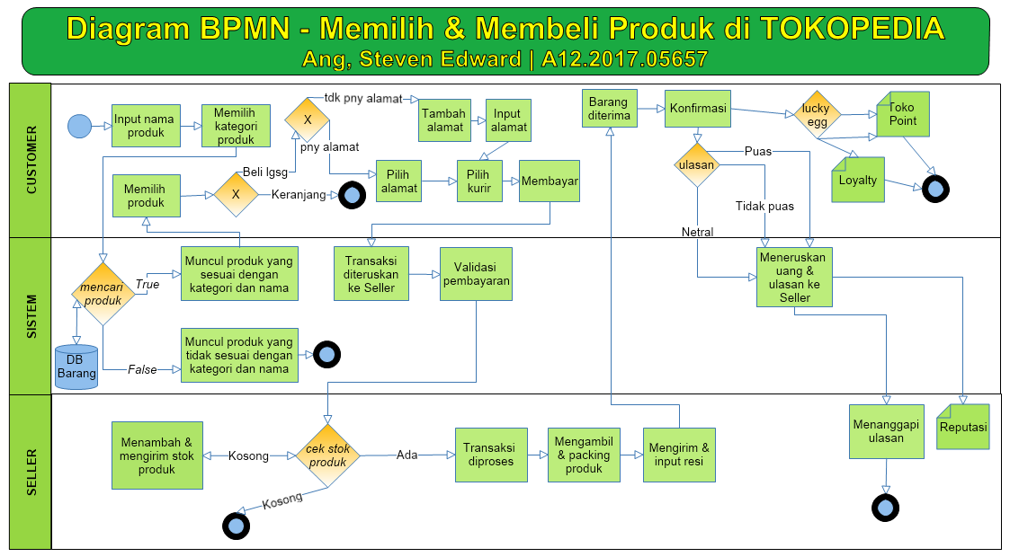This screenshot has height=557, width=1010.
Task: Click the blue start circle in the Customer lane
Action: [79, 126]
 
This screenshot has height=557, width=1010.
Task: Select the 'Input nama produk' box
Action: [145, 126]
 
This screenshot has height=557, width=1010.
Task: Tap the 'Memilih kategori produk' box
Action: [236, 126]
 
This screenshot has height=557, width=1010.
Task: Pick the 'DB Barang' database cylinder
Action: [76, 367]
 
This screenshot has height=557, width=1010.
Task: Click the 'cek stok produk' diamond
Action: [327, 455]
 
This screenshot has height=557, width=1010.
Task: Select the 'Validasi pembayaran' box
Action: [476, 273]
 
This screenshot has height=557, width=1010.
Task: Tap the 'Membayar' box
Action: [550, 181]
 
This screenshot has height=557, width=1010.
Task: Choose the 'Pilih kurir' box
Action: [485, 181]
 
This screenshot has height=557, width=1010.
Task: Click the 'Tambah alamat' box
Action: [443, 120]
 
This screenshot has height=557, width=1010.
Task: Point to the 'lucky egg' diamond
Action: [817, 115]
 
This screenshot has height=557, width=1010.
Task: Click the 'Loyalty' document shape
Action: [858, 180]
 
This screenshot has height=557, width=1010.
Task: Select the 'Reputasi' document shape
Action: [963, 427]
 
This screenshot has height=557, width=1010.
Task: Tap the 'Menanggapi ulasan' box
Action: [886, 431]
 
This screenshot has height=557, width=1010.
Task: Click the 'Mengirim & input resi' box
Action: [679, 455]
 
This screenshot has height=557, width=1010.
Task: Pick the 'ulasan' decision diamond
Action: [696, 164]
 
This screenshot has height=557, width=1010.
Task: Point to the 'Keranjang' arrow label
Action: [299, 195]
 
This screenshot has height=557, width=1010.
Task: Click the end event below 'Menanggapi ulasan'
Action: [886, 508]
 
